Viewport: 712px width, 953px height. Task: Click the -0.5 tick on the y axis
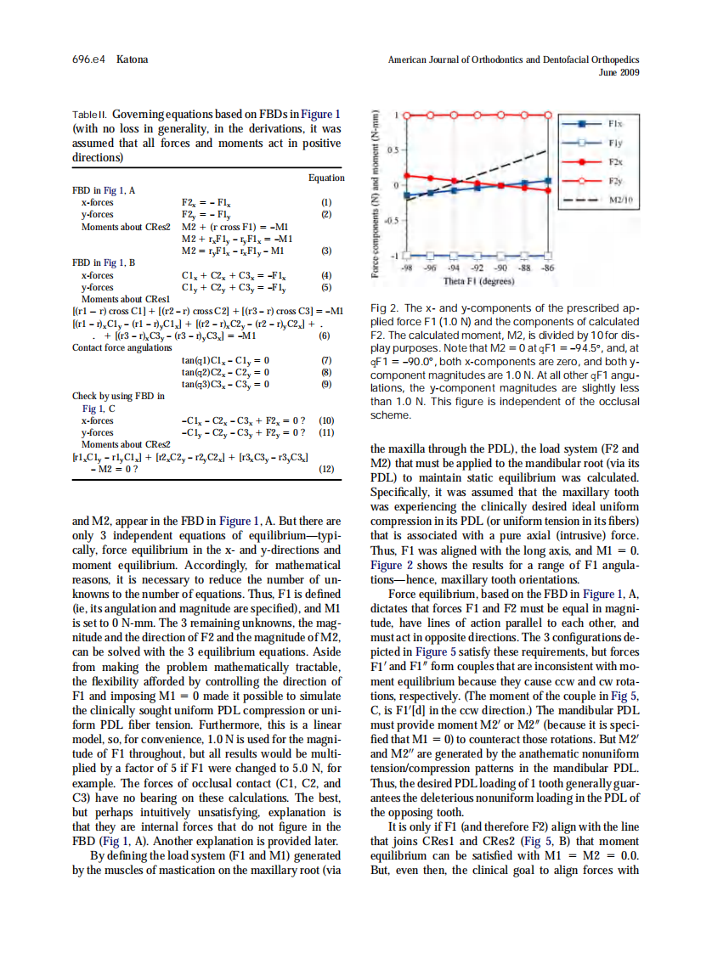pyautogui.click(x=393, y=219)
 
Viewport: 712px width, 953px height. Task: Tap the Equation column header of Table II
pyautogui.click(x=326, y=178)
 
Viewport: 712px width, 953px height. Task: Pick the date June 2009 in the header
pyautogui.click(x=619, y=72)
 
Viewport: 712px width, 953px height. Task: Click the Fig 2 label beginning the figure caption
pyautogui.click(x=385, y=308)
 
